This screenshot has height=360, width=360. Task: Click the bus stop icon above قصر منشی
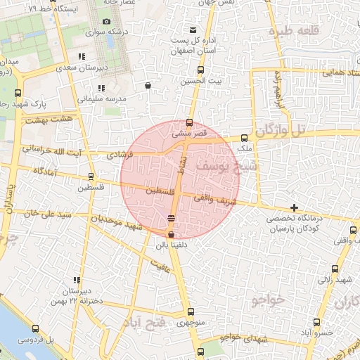pos(189,122)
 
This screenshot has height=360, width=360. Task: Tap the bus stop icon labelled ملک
pos(244,138)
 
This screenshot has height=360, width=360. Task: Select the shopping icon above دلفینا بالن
pos(172,235)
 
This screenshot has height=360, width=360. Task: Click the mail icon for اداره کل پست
pos(193,30)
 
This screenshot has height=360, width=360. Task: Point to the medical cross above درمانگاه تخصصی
pos(293,207)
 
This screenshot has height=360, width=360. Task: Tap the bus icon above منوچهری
pos(191,312)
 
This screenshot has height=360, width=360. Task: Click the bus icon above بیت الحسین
pos(200,70)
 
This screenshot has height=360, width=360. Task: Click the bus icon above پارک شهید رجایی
pos(17,92)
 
